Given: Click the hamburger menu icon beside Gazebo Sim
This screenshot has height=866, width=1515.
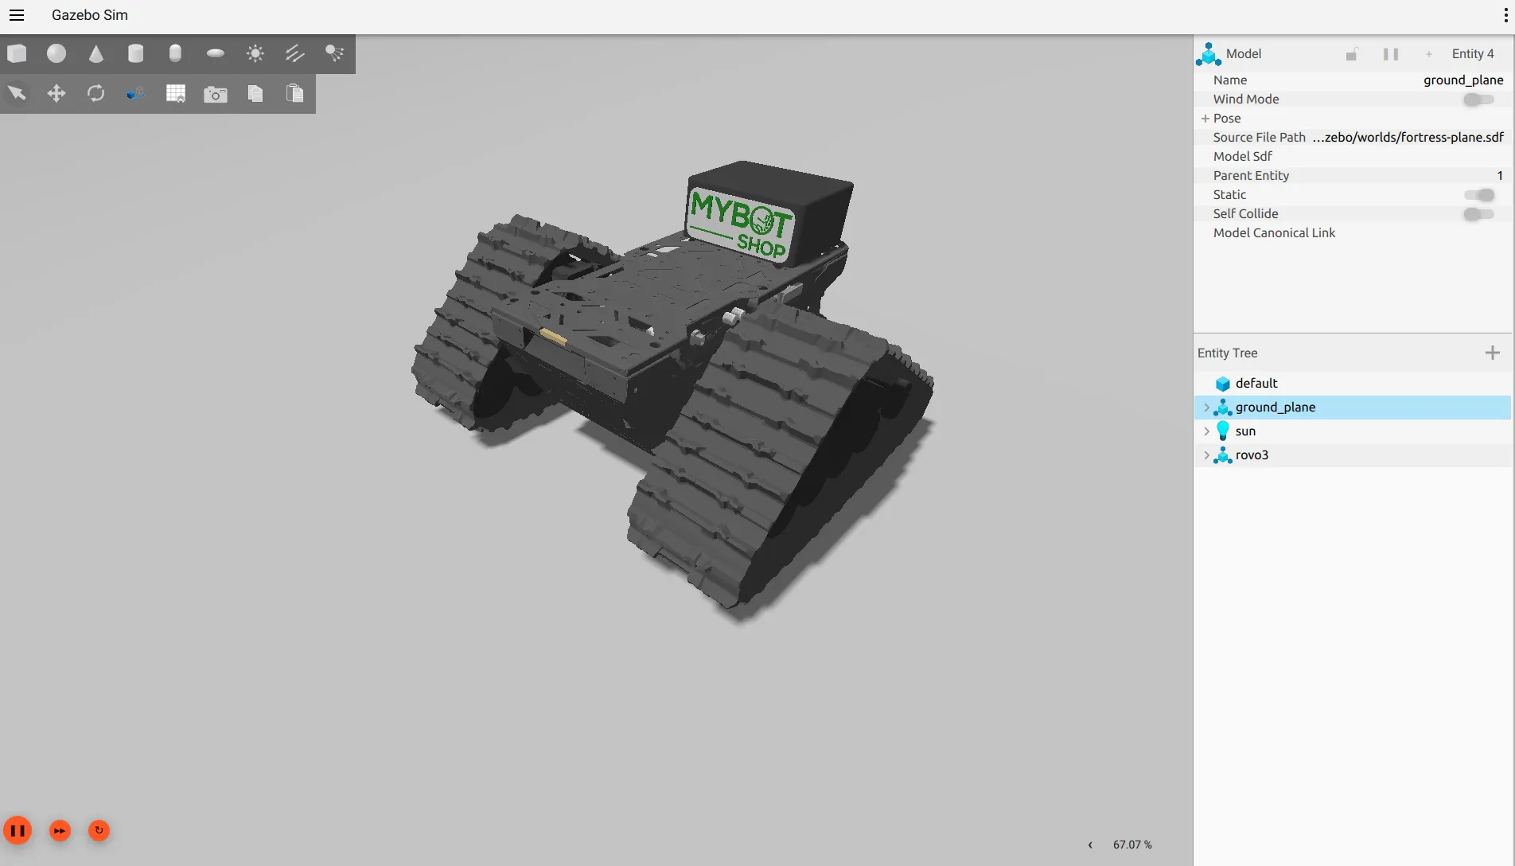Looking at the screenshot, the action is click(17, 15).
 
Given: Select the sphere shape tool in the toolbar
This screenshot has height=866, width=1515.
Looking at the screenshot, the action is click(56, 53).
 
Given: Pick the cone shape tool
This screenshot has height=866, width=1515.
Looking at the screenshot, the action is click(96, 53).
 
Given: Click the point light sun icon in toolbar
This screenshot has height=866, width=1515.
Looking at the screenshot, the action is click(255, 53).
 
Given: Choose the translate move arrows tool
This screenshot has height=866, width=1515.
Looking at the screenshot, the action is click(56, 94).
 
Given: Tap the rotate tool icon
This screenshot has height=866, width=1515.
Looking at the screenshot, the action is click(96, 94).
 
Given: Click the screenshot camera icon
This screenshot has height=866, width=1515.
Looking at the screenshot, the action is click(216, 95).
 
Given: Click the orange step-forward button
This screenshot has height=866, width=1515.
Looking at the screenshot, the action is click(60, 831).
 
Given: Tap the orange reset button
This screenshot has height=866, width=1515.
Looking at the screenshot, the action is click(99, 831).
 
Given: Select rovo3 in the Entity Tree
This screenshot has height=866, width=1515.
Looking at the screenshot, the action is click(1252, 455).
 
